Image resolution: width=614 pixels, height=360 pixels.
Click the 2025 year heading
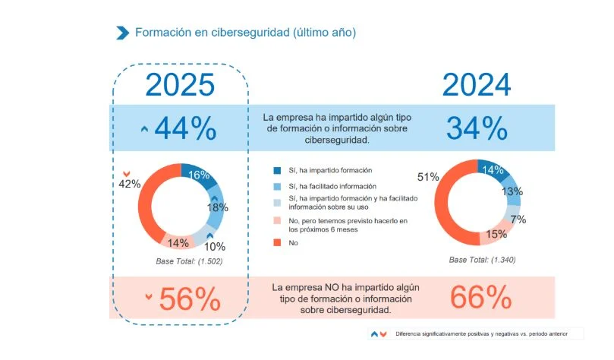point(180,85)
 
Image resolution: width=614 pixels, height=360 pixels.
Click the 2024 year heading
point(476,85)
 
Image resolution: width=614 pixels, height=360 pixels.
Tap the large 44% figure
point(185,129)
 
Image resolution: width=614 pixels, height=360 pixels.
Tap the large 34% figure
point(476,129)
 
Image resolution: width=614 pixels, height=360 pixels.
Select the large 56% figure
point(189,299)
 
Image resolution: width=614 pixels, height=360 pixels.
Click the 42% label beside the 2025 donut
point(130,184)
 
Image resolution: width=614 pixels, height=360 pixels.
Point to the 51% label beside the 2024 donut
point(427,177)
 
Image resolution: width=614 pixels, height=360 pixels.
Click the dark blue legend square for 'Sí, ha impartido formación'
point(277,171)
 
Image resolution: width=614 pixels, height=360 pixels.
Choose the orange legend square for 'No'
point(277,243)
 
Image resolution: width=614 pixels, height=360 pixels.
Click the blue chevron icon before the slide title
point(121,32)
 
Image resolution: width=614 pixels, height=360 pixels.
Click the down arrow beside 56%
point(149,296)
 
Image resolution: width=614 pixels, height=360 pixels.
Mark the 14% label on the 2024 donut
point(493,170)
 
